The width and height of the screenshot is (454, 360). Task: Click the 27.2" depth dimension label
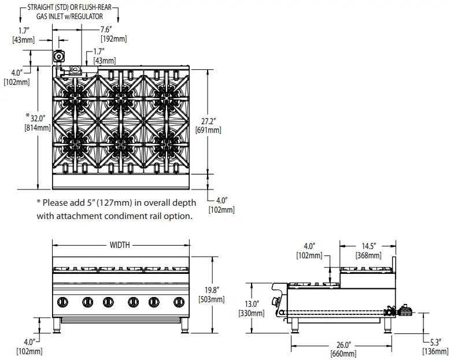pos(209,122)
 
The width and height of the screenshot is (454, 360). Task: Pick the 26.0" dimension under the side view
pos(343,346)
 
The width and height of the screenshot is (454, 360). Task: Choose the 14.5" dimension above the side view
pos(368,246)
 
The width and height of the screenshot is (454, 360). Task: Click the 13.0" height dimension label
pos(252,304)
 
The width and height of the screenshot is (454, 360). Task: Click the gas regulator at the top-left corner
pos(58,56)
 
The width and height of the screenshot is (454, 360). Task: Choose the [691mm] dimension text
pos(209,131)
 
